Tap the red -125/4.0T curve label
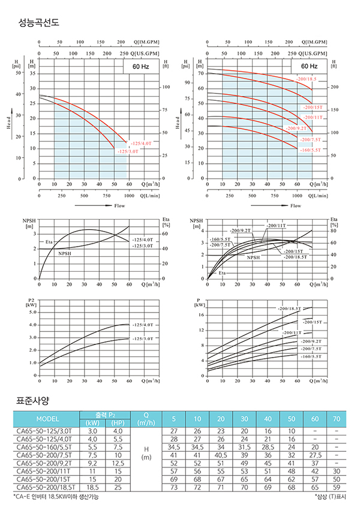pyautogui.click(x=140, y=144)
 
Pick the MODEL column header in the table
pyautogui.click(x=47, y=419)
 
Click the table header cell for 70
pyautogui.click(x=336, y=419)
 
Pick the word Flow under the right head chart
pyautogui.click(x=296, y=206)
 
